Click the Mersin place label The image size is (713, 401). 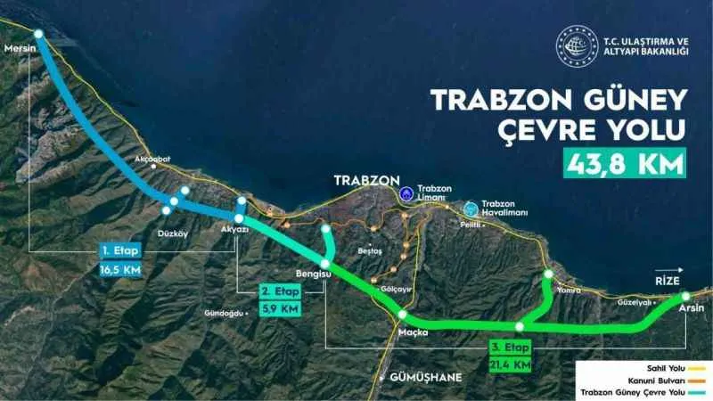tap(19, 48)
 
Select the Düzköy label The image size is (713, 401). tap(170, 234)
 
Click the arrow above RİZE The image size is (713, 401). tap(669, 268)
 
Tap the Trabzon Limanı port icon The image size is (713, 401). tap(406, 192)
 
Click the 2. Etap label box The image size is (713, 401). tap(280, 291)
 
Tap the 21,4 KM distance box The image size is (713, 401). tap(511, 364)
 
